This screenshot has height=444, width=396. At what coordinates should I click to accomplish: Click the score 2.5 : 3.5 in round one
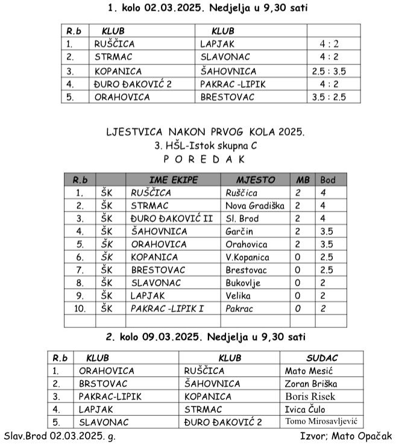[334, 70]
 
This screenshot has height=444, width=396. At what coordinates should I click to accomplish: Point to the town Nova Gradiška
[254, 205]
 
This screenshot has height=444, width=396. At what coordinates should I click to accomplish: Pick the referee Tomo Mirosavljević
[321, 422]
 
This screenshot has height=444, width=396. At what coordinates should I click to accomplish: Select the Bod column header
[328, 180]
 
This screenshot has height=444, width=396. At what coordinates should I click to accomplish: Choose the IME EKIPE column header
[173, 180]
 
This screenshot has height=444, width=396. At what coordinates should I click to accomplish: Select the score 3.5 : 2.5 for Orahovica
[334, 96]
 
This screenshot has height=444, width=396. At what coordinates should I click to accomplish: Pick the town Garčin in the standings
[240, 231]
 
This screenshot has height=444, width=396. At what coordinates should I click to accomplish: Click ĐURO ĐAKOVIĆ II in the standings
[171, 218]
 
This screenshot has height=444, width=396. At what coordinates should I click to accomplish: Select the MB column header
[301, 180]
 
